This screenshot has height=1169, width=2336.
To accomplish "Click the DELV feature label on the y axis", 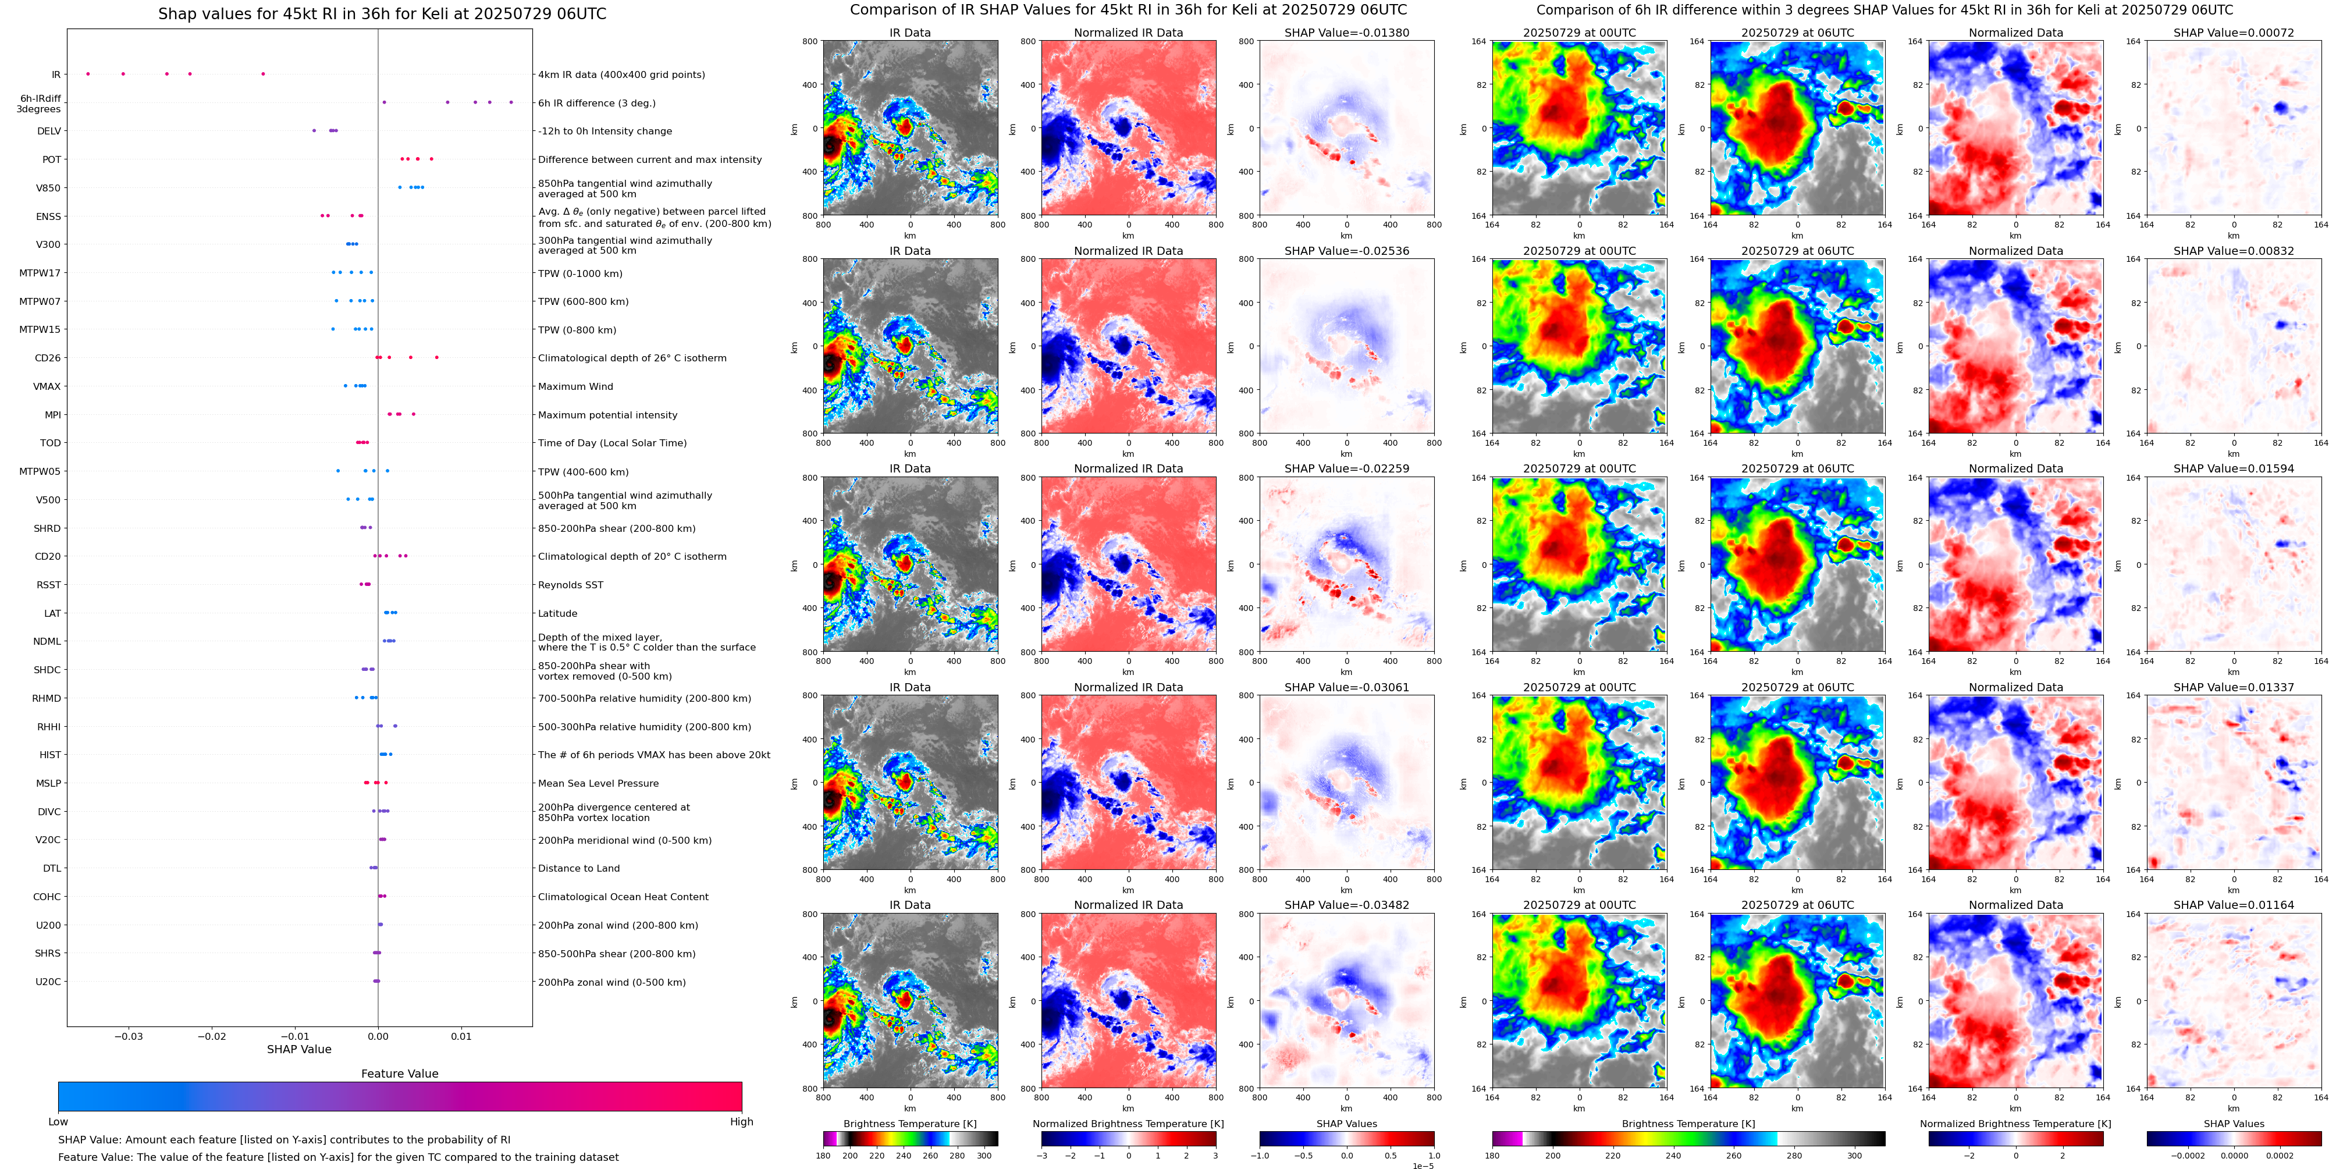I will coord(49,132).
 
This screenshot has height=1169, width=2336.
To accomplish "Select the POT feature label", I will coord(52,159).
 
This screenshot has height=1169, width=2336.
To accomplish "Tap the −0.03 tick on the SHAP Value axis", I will coord(128,1036).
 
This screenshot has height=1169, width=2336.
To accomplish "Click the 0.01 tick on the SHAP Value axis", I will coord(461,1036).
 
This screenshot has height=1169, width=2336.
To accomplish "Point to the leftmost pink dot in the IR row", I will coord(88,73).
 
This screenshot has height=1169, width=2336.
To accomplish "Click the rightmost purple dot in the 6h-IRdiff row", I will coord(511,102).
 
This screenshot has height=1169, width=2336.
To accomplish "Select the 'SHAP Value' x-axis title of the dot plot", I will coord(299,1049).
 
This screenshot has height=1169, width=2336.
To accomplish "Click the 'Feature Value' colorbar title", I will coord(400,1074).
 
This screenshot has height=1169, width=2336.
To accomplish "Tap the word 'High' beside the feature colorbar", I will coord(742,1122).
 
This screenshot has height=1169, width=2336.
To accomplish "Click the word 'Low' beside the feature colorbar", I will coord(58,1122).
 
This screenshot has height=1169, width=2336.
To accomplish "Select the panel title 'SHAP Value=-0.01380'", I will coord(1347,33).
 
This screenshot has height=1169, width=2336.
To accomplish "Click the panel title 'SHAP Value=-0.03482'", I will coord(1347,905).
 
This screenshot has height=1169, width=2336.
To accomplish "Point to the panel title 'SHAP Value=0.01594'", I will coord(2234,469).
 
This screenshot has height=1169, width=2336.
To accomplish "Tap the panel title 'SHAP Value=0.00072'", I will coord(2234,33).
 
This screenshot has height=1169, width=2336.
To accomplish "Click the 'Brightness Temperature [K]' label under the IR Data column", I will coord(909,1124).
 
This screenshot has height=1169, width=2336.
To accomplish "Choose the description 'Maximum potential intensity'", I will coord(607,415).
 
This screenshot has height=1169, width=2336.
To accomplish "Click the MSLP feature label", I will coord(49,784).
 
